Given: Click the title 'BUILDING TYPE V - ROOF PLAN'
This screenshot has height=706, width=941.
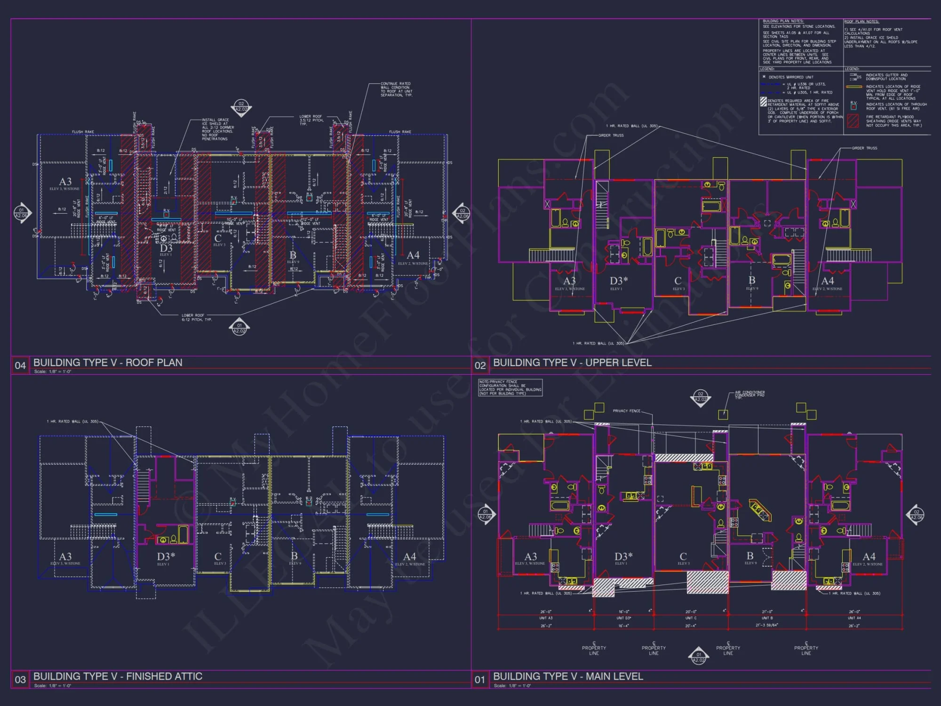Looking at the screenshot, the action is pos(108,362).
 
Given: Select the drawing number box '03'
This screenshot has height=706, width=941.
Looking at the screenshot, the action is pos(20,680).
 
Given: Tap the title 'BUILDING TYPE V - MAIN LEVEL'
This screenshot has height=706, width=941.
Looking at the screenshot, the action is pos(568,676).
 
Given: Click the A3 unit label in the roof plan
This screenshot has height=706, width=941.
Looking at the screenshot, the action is pos(65,182).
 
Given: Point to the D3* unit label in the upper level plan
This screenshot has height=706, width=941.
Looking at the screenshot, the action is pos(619,281).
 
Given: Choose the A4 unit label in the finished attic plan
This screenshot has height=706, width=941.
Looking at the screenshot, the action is pos(409,557).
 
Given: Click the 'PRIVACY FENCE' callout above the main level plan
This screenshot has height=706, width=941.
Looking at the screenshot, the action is pos(626,411).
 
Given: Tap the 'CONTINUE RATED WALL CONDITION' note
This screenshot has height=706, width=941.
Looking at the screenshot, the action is pos(396,89).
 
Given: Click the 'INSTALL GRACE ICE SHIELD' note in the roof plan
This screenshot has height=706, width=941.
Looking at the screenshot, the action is pos(218,129).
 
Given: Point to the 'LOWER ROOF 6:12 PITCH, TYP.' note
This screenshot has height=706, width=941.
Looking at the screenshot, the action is pos(197,318).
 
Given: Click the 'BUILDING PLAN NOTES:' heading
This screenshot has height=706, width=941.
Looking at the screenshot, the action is pos(783,21).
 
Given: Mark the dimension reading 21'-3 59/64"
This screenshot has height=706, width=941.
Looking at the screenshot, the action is pos(766,625).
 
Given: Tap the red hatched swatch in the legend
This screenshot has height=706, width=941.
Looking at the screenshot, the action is pos(853,121).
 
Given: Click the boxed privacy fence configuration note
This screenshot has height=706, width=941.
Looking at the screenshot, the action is pos(510,387).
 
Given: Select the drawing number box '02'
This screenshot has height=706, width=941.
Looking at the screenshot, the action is pos(480,365).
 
